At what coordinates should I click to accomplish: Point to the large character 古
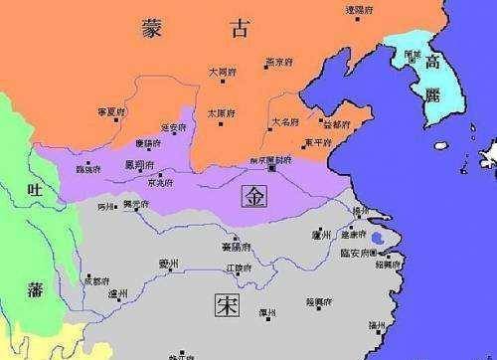click(x=240, y=31)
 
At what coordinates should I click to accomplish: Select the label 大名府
click(x=287, y=121)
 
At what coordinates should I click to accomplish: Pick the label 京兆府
click(x=160, y=183)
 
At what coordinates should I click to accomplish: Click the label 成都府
click(x=95, y=281)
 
